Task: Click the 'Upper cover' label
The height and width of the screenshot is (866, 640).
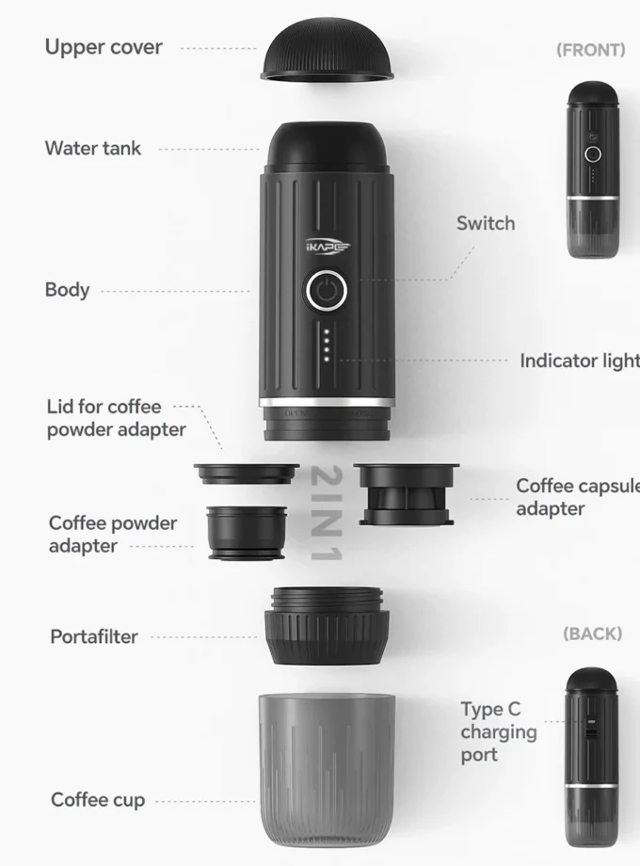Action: point(104,47)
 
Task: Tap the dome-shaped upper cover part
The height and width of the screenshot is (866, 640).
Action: point(327,55)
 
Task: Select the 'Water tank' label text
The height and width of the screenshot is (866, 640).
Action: point(93,148)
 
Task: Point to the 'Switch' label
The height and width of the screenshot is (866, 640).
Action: point(486,223)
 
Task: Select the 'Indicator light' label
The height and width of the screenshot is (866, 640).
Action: point(579,361)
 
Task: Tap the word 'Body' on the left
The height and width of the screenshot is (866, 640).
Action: point(68,289)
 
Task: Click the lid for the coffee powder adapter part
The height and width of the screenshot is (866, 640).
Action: point(246,473)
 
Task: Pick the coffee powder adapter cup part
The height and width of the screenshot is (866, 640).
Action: point(247,533)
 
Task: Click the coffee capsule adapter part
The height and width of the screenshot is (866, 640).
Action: point(407,493)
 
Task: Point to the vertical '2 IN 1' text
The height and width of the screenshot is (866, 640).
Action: point(323,513)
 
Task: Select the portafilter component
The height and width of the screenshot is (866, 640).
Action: point(327,626)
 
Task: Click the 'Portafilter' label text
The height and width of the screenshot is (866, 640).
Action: point(94,636)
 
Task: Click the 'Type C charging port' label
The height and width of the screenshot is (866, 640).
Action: point(499,731)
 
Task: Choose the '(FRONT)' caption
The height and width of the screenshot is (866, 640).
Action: point(590,50)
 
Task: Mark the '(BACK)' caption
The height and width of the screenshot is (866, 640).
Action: point(592,633)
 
